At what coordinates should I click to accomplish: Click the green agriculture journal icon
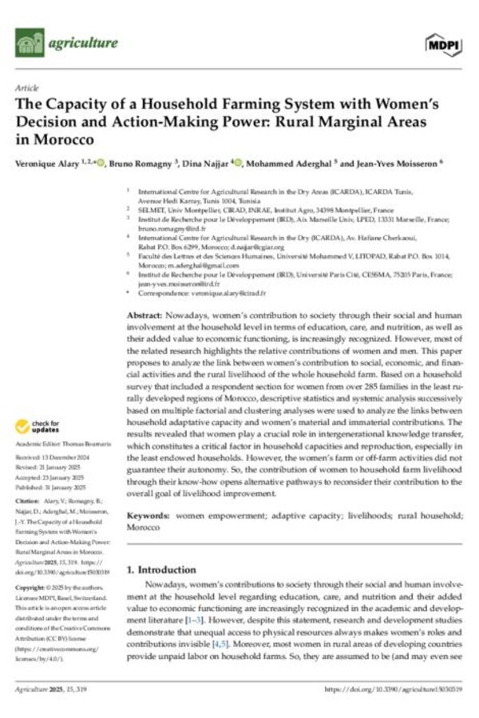[30, 41]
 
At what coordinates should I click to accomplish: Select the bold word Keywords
[152, 516]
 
